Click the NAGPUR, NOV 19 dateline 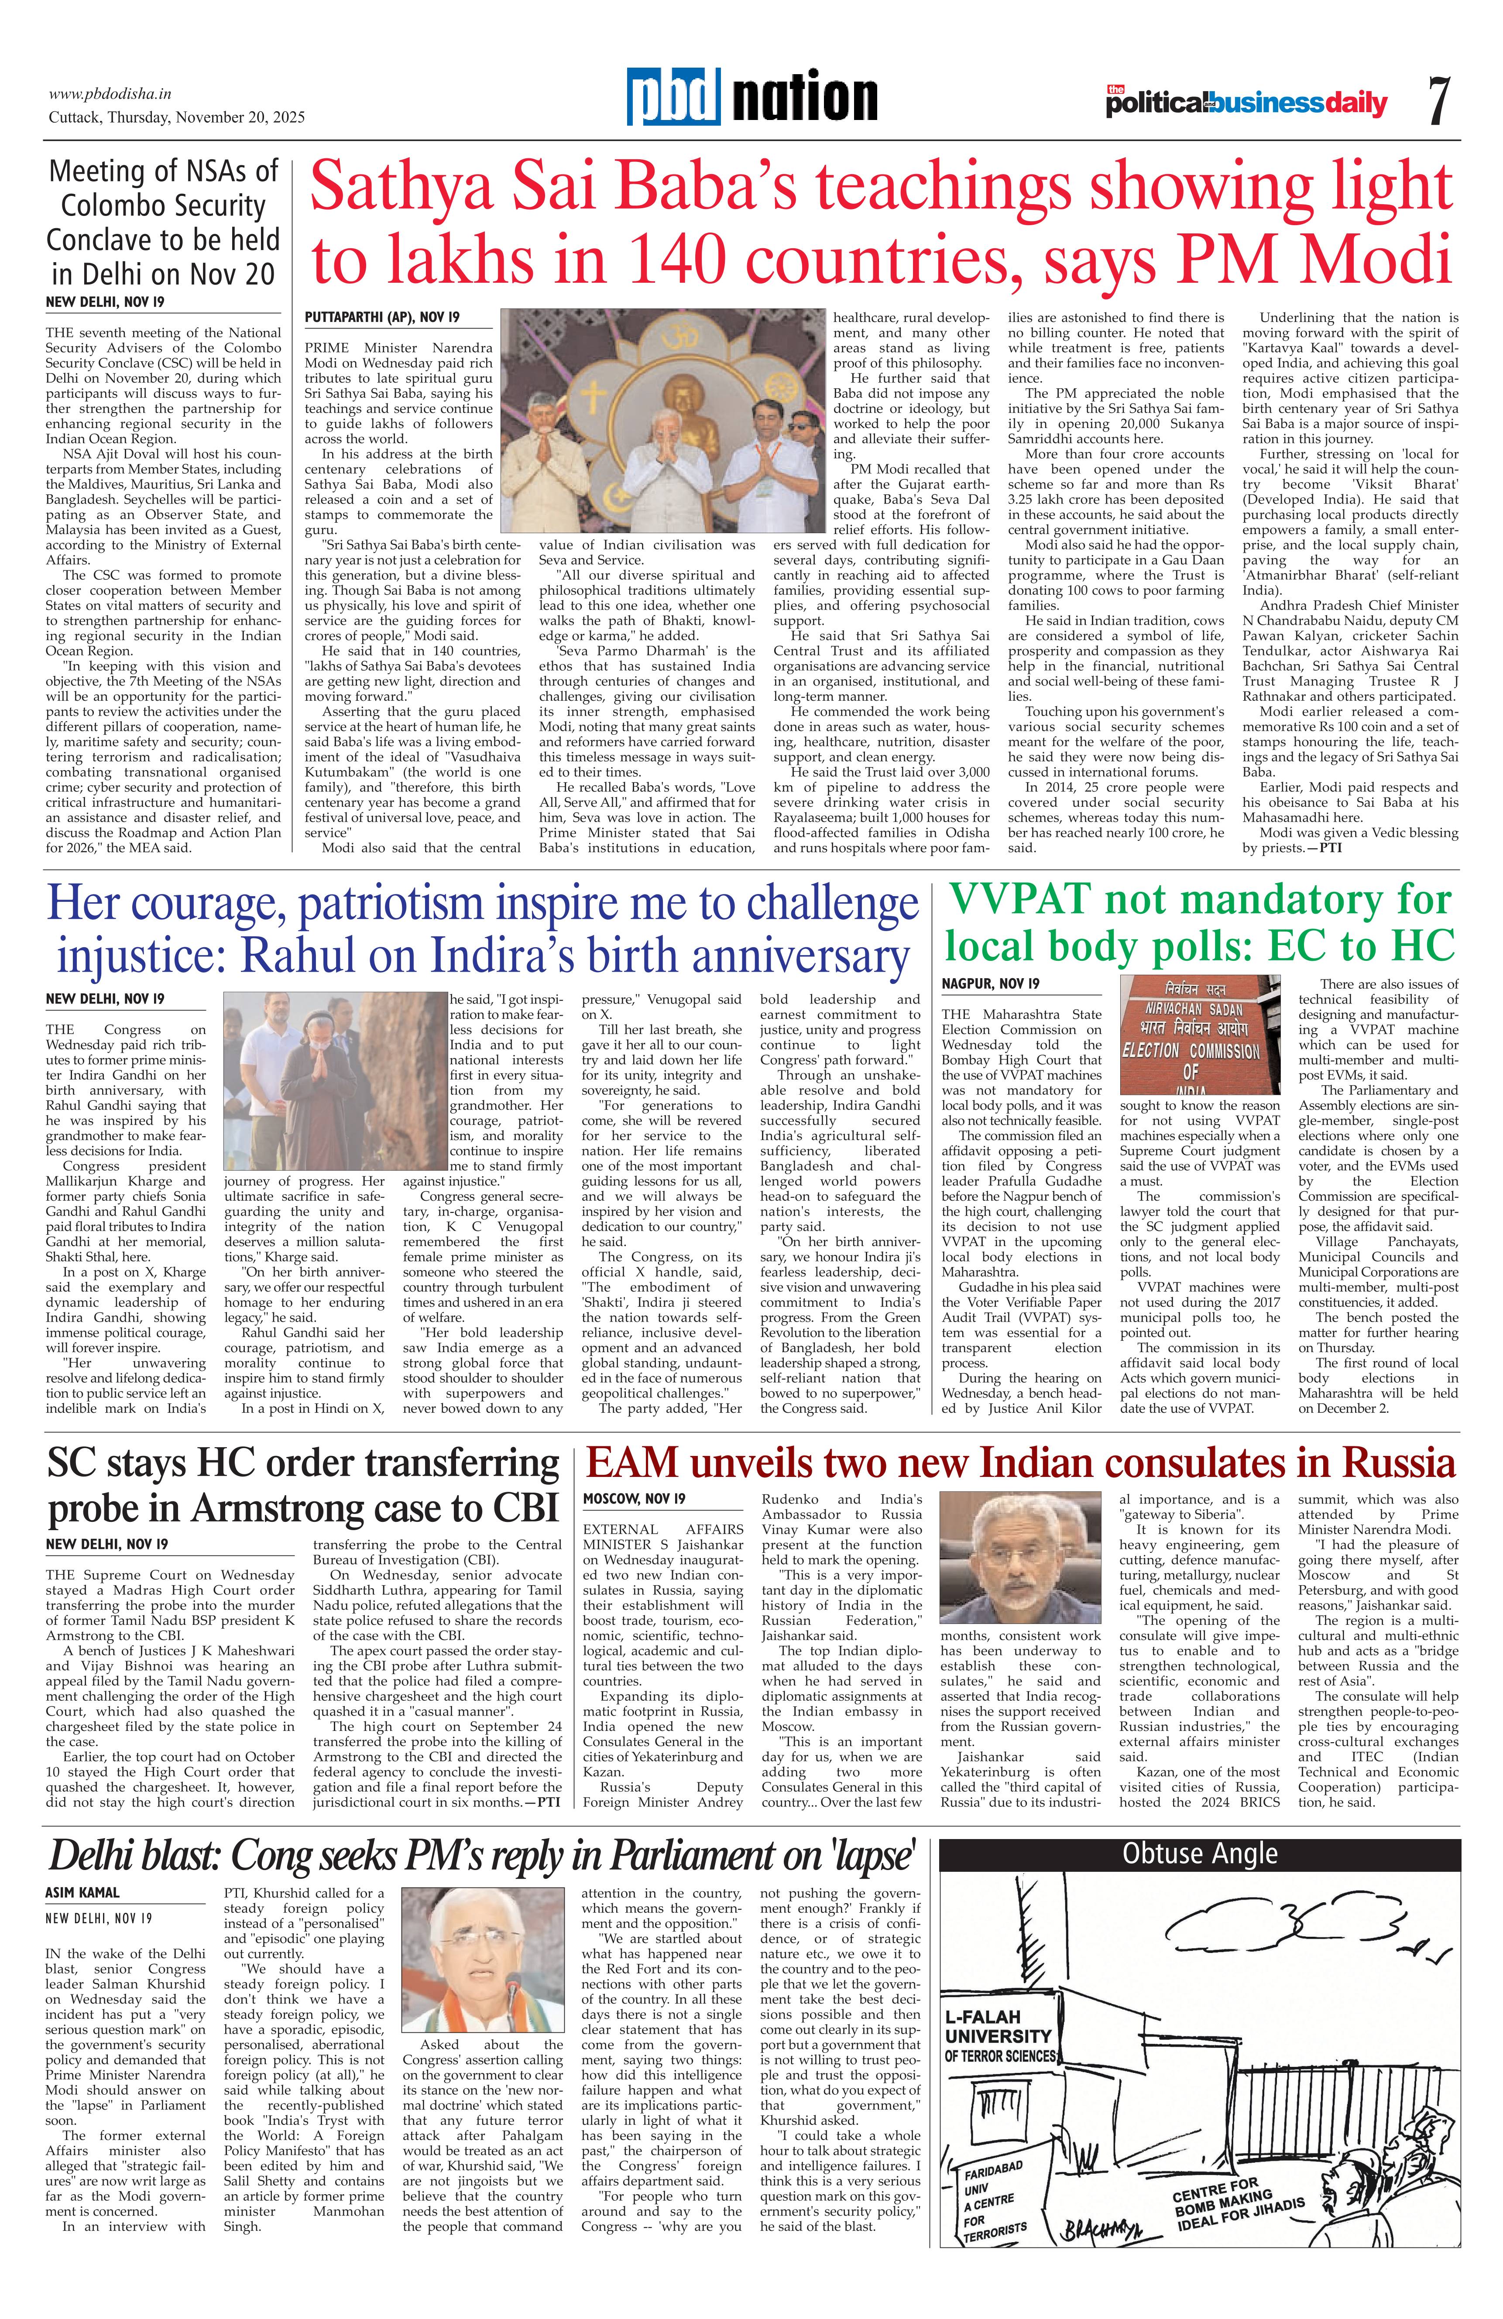990,984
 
